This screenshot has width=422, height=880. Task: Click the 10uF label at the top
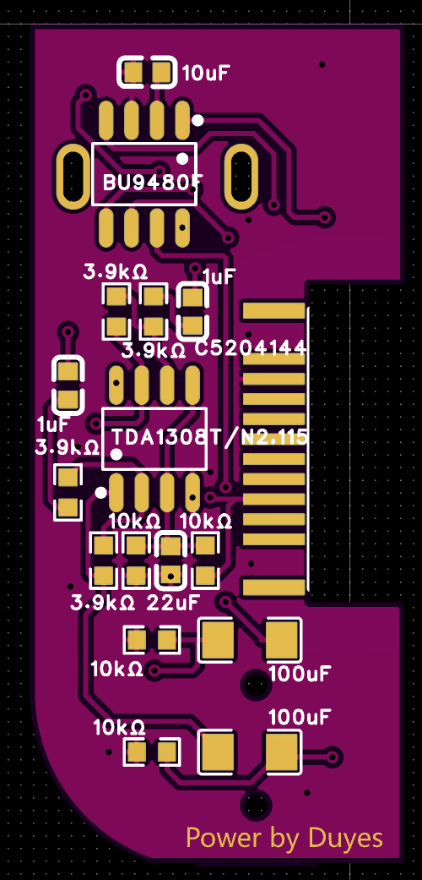206,73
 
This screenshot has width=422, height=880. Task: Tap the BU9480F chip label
152,183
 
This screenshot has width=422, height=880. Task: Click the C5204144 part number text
251,349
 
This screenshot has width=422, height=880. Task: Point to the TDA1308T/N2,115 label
209,438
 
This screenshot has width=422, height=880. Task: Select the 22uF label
173,604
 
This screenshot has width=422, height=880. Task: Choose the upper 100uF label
300,673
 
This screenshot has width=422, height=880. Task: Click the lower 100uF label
300,717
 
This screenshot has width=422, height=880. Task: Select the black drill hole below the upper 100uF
254,684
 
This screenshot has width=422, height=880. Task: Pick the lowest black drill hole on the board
256,804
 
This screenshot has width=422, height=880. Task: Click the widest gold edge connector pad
273,310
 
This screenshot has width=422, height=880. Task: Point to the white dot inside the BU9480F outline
182,159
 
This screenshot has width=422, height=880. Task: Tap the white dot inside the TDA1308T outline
116,455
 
